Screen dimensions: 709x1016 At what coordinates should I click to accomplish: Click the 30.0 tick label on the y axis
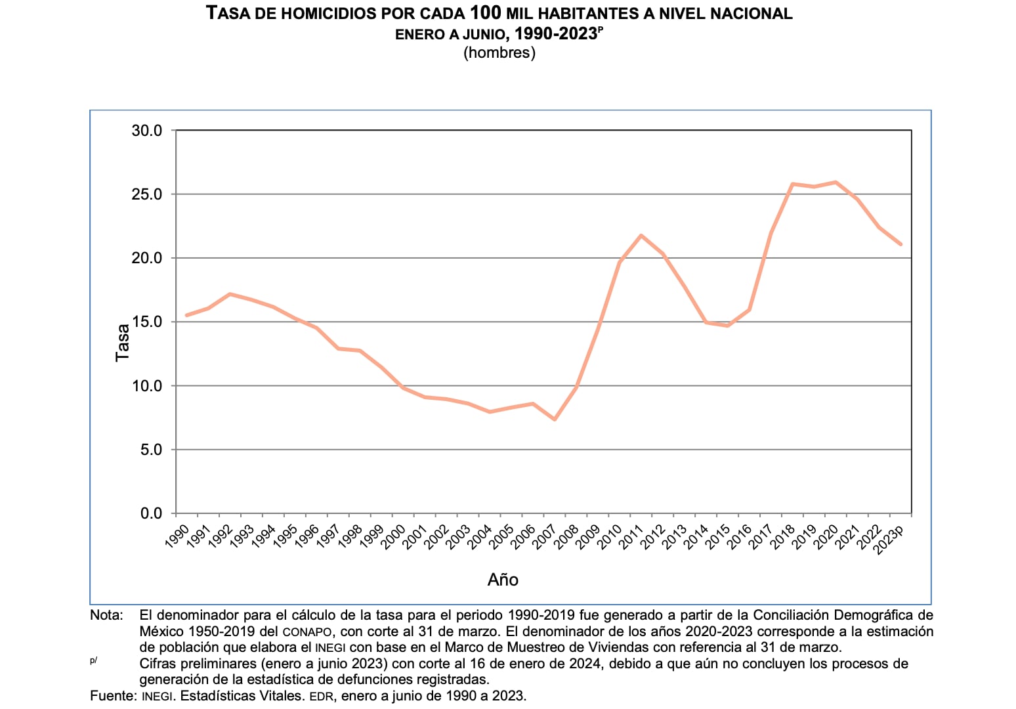click(147, 131)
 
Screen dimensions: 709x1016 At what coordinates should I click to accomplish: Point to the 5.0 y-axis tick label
click(151, 450)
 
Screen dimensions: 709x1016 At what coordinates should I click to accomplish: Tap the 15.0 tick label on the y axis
click(147, 322)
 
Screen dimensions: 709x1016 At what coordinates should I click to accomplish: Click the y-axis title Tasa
click(123, 342)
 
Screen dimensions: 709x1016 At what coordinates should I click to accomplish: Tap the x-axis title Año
click(503, 580)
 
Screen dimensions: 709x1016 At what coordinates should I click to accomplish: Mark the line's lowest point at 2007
click(555, 419)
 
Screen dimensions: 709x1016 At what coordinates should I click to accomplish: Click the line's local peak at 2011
click(641, 235)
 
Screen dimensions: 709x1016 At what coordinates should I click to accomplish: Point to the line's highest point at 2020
click(836, 182)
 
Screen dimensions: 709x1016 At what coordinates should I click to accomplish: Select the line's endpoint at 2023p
click(900, 244)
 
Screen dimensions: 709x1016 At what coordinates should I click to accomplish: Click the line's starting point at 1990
click(187, 315)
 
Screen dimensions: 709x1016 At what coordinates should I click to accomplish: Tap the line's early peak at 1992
click(230, 294)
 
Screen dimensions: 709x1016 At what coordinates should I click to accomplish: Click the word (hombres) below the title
click(499, 53)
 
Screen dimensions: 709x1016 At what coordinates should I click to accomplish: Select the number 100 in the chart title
click(486, 12)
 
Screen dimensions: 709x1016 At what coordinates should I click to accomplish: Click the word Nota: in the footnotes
click(107, 615)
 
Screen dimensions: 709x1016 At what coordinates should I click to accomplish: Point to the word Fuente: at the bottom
click(113, 695)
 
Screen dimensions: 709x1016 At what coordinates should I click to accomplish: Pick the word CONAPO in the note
click(308, 632)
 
